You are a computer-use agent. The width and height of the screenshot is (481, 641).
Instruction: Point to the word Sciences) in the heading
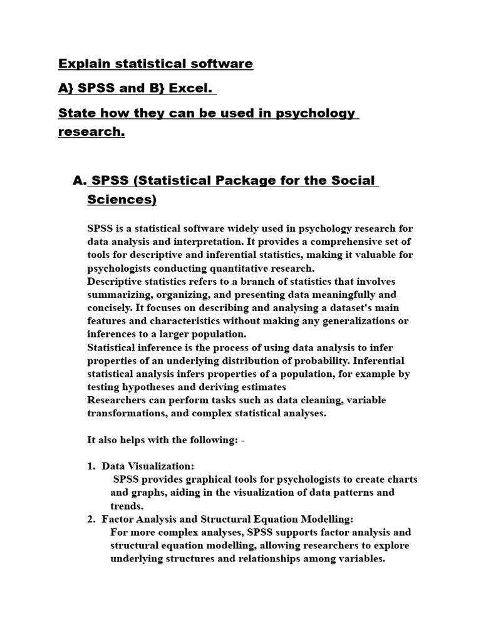pos(122,200)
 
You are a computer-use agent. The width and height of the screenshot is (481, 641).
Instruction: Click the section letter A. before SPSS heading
pos(79,180)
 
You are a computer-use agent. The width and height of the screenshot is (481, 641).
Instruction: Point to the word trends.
pos(127,506)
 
